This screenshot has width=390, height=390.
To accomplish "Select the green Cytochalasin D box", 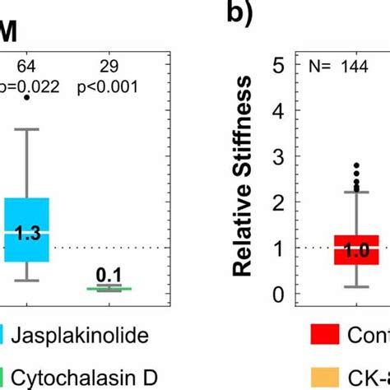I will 104,289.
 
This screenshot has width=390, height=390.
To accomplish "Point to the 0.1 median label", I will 104,275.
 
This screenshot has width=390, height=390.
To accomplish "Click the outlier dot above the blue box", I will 27,97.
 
